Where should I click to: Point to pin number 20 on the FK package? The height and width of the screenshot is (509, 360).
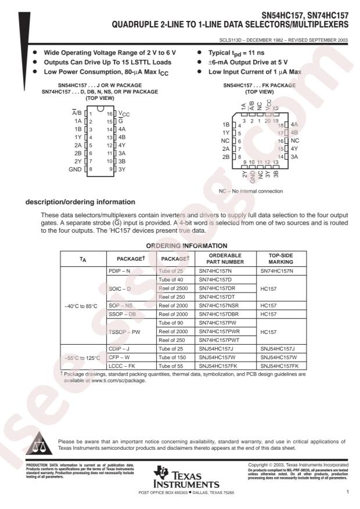tap(267, 121)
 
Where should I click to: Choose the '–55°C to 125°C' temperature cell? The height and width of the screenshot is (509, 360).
tap(82, 358)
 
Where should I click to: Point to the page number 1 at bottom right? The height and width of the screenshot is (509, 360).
tap(346, 492)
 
